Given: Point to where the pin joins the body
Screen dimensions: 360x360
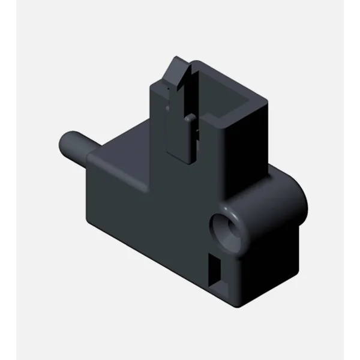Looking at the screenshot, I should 91,157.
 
